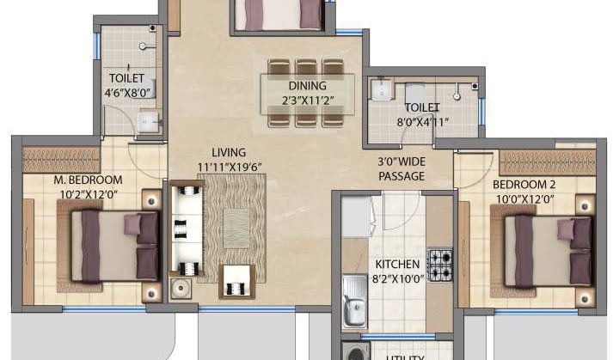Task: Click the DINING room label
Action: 307,86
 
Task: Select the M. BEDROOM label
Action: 88,180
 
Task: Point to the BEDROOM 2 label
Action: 526,185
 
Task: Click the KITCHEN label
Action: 396,264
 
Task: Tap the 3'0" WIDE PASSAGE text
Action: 402,168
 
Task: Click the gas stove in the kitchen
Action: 440,265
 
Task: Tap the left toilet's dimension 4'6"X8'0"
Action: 126,92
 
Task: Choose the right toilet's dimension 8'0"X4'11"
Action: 421,122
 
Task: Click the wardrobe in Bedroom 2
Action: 547,162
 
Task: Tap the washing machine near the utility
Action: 354,351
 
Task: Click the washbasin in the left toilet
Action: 149,123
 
